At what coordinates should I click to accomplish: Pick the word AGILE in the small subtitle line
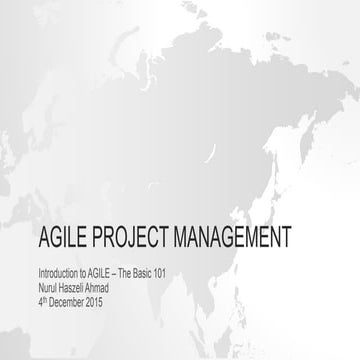[104, 272]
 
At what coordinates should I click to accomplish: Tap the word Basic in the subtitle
[152, 272]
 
